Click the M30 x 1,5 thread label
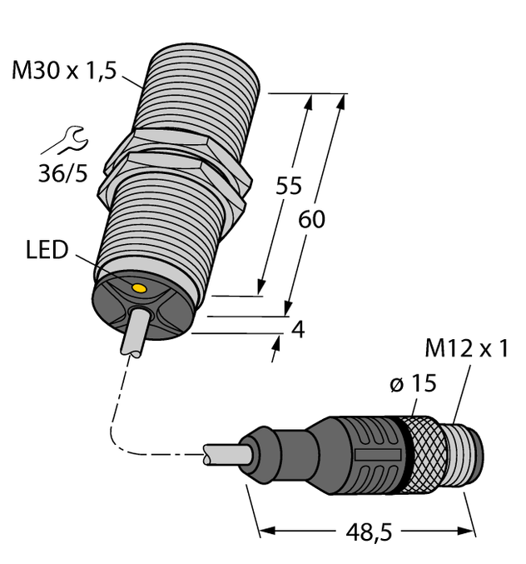(x=62, y=72)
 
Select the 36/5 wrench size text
(x=65, y=177)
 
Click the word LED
(x=46, y=250)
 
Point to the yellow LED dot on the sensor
(x=139, y=288)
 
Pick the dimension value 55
(x=288, y=187)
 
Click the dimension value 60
(x=311, y=220)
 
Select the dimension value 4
(x=297, y=329)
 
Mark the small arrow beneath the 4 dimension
(x=275, y=351)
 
